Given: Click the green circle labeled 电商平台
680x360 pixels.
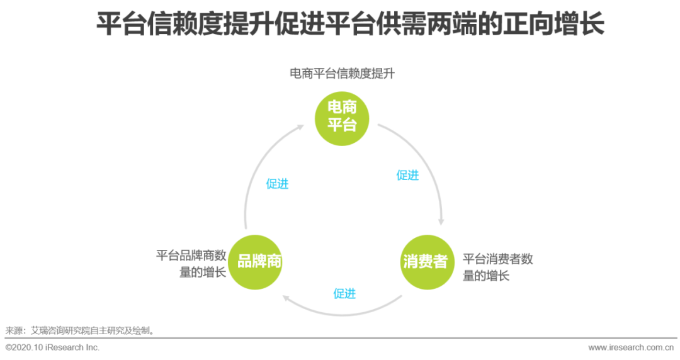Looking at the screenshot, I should click(341, 117).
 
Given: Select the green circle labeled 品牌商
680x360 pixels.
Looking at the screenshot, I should click(255, 262).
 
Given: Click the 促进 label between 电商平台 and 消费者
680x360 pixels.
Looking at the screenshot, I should click(407, 175).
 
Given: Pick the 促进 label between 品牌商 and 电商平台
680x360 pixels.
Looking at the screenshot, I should click(277, 183).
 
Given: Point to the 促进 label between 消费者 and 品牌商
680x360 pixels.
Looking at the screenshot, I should click(344, 293).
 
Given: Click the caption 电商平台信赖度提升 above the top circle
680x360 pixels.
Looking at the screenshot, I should click(342, 74).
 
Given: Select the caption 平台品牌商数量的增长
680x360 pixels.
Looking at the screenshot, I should click(191, 264).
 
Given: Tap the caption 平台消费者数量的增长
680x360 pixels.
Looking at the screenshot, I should click(498, 267).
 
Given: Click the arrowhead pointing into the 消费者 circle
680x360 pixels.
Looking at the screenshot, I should click(441, 221).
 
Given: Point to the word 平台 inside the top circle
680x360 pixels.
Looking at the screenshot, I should click(341, 125).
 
